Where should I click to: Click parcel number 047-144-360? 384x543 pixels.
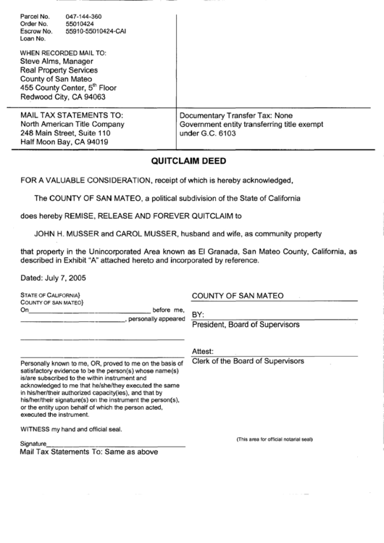(85, 14)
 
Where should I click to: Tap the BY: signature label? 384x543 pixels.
(199, 315)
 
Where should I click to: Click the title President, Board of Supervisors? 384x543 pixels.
(246, 324)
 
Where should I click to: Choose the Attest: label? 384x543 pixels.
(203, 352)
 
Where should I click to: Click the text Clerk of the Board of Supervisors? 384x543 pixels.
(248, 361)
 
